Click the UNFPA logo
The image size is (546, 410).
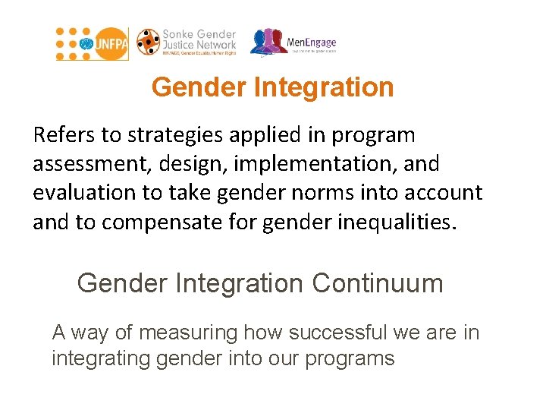[x=92, y=44]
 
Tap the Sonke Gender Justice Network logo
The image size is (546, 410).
[x=187, y=43]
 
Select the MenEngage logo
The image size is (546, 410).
[x=293, y=43]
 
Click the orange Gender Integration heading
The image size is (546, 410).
[x=272, y=87]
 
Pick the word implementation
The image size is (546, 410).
[x=297, y=164]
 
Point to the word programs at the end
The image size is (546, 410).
[x=350, y=358]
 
